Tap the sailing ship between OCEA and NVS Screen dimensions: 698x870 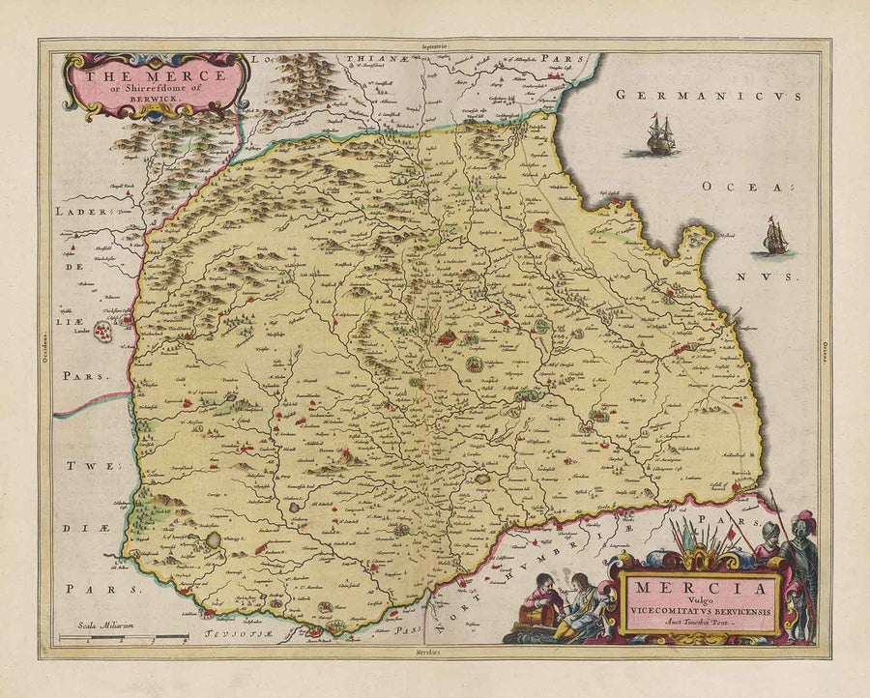(x=774, y=238)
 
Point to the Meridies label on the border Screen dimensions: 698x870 (x=434, y=654)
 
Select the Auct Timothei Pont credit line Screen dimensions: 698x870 (x=698, y=624)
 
